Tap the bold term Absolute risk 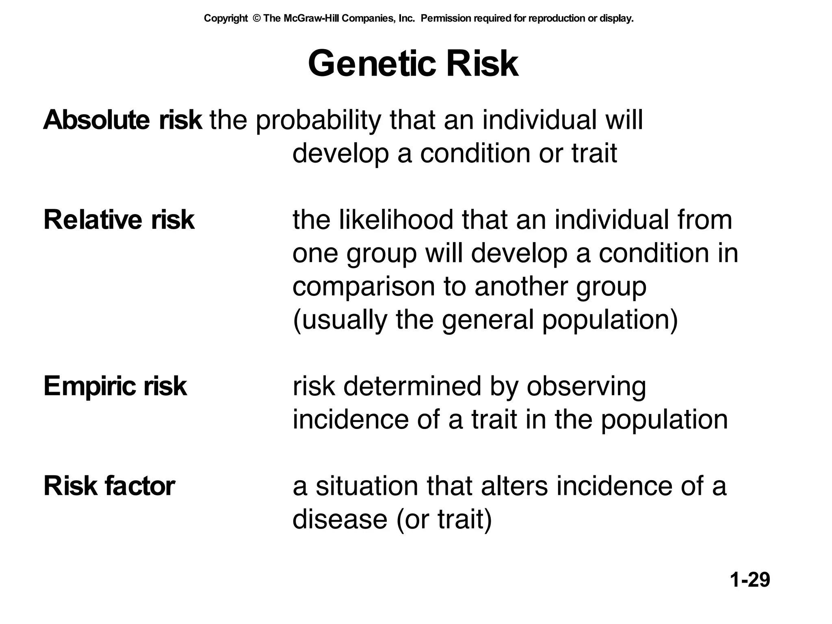[x=122, y=120]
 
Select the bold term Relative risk [x=119, y=220]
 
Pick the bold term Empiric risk [x=115, y=386]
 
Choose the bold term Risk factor [x=109, y=486]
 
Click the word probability [x=318, y=121]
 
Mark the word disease [x=340, y=519]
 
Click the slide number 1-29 [x=750, y=580]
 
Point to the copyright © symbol [x=256, y=18]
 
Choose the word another [x=521, y=286]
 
